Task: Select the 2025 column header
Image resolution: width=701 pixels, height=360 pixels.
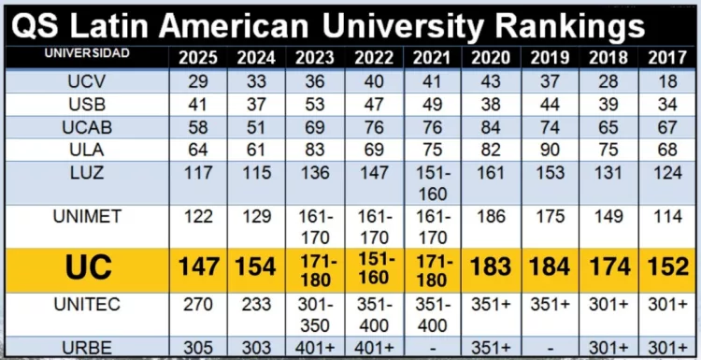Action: coord(198,58)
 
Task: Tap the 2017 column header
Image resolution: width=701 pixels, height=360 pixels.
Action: coord(666,58)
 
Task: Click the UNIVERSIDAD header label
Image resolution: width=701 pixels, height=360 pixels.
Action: coord(87,53)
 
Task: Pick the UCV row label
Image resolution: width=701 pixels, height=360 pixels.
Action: coord(87,81)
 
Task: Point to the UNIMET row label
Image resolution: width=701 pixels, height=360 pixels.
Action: coord(87,216)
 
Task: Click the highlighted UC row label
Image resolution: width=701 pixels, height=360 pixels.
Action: coord(89,267)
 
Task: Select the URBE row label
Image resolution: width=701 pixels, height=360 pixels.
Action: coord(87,347)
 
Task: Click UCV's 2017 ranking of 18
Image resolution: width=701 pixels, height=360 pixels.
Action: coord(667,81)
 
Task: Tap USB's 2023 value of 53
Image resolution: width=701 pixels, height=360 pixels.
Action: coord(315,105)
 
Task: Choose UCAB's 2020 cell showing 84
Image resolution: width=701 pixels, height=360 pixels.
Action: coord(491,127)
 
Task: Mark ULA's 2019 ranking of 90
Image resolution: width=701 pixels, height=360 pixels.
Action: coord(550,151)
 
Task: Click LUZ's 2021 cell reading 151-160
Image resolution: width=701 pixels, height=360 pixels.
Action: coord(433,184)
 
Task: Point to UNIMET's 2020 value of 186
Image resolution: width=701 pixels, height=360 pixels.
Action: coord(491,216)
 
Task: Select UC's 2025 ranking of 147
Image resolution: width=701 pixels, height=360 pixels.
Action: coord(198,267)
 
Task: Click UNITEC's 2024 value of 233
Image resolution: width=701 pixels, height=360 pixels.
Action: coord(256,305)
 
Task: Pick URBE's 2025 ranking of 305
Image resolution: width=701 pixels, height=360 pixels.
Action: coord(198,347)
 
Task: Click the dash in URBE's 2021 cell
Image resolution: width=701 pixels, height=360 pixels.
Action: coord(433,348)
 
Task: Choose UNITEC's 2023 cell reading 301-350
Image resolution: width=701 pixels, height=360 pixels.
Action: coord(315,315)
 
